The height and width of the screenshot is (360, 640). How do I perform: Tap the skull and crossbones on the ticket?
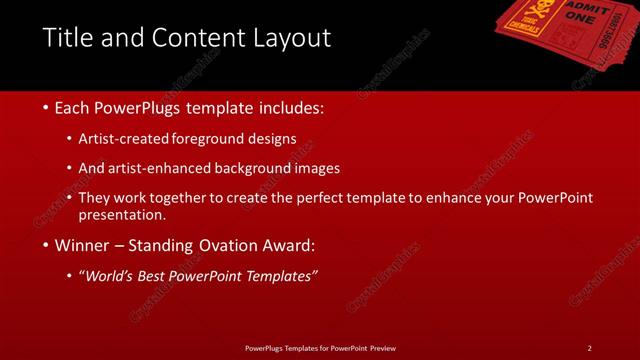pyautogui.click(x=545, y=13)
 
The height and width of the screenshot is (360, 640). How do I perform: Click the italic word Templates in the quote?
pyautogui.click(x=281, y=276)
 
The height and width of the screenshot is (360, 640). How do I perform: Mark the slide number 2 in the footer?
pyautogui.click(x=589, y=347)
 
